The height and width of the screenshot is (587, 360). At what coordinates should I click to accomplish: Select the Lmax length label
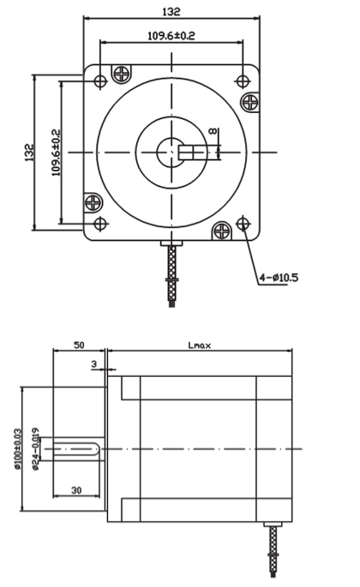[x=199, y=345]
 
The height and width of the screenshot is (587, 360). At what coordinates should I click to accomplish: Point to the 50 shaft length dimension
[x=78, y=344]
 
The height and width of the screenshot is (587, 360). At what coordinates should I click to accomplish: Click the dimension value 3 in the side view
[x=93, y=363]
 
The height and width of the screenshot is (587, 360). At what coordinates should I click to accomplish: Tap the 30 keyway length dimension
[x=78, y=489]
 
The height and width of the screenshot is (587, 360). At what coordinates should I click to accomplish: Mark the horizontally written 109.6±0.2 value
[x=171, y=35]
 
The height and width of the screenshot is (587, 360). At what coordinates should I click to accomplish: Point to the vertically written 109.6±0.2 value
[x=56, y=153]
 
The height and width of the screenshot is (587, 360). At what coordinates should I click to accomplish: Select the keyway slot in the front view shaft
[x=199, y=153]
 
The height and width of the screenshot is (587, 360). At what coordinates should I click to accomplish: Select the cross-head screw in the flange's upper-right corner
[x=251, y=102]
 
